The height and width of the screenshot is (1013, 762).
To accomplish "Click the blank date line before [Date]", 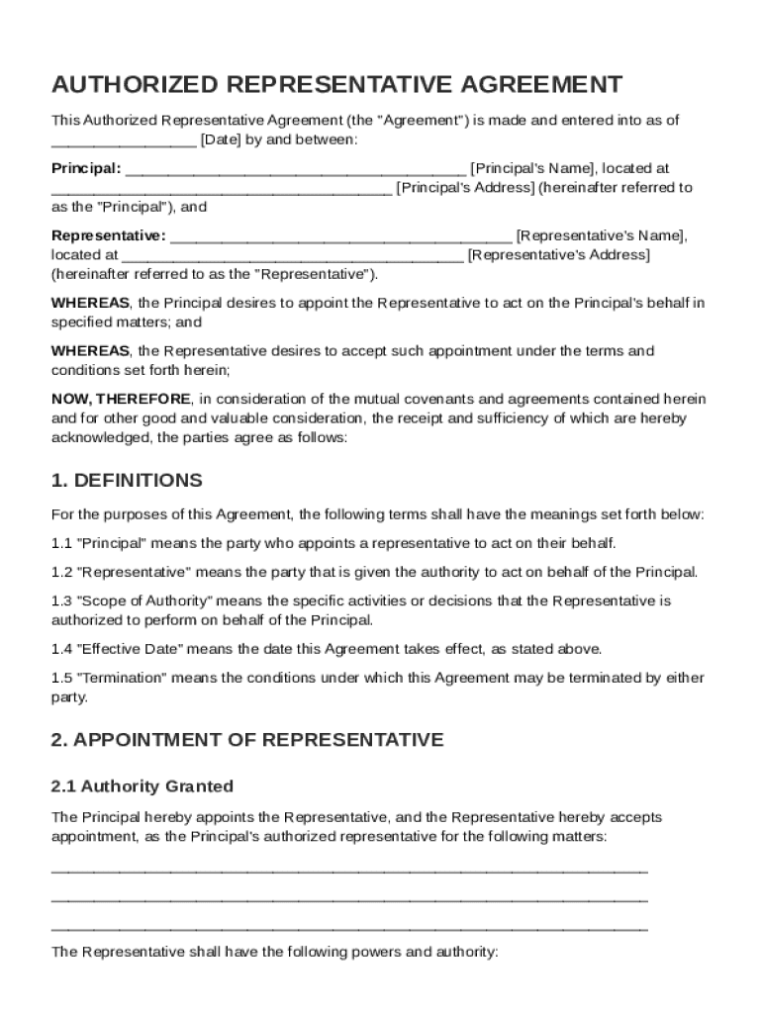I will point(124,139).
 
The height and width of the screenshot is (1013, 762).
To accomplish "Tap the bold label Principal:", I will point(86,168).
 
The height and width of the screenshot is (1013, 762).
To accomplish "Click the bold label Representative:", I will point(109,235).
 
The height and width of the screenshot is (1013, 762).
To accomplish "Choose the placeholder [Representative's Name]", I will point(600,235).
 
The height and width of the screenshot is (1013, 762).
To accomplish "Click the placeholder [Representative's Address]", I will point(558,254).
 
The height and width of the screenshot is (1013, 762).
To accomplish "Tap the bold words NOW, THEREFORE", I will point(121,399).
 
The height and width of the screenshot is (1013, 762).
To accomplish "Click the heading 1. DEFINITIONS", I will point(127,481).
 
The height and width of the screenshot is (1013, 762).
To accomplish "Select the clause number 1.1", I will point(61,543).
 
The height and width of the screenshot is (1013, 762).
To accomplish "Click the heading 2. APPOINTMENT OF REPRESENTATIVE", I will point(247,740).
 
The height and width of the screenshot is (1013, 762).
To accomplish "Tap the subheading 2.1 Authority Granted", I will point(143,786).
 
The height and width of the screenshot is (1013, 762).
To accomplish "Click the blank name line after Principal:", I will point(295,168).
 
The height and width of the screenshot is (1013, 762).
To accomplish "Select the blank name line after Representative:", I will point(341,235).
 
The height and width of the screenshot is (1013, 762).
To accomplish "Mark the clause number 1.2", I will point(61,572).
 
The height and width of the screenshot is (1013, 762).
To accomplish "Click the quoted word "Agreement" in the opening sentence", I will point(422,120).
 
